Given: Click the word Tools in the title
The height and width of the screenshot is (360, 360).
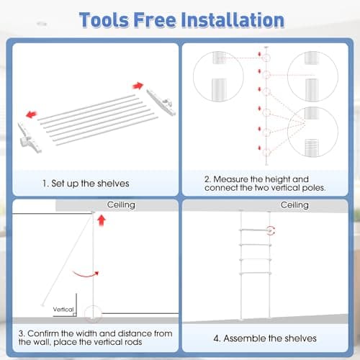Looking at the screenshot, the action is [104, 20].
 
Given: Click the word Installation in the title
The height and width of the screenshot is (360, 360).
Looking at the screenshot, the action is [233, 20].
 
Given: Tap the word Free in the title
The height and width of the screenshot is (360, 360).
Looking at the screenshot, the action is [155, 20].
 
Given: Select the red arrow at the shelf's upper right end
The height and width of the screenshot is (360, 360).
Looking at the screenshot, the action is [138, 86].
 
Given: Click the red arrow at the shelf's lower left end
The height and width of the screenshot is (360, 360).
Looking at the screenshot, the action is [31, 114].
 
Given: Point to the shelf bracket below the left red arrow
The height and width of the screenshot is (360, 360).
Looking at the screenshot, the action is [30, 138].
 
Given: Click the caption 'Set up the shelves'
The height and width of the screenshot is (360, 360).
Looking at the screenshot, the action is [90, 184].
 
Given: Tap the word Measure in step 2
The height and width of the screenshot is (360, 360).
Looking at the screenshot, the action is [228, 179].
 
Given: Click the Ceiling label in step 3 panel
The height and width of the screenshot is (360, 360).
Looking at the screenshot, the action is [121, 204].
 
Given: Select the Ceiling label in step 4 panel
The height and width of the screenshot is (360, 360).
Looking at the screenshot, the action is [294, 205].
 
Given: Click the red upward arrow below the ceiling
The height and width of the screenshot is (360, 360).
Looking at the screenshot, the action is [102, 220].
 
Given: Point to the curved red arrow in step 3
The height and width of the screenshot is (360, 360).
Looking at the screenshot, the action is [86, 274].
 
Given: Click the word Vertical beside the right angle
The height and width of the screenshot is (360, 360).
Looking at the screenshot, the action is [63, 309].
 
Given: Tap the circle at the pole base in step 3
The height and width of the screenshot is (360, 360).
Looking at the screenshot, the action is [93, 314].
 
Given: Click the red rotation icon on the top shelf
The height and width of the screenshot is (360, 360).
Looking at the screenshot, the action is [271, 230].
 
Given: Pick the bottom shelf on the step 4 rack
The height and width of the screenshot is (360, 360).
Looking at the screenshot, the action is [256, 274].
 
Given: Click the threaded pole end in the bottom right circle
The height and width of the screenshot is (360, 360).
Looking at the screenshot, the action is [312, 147].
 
